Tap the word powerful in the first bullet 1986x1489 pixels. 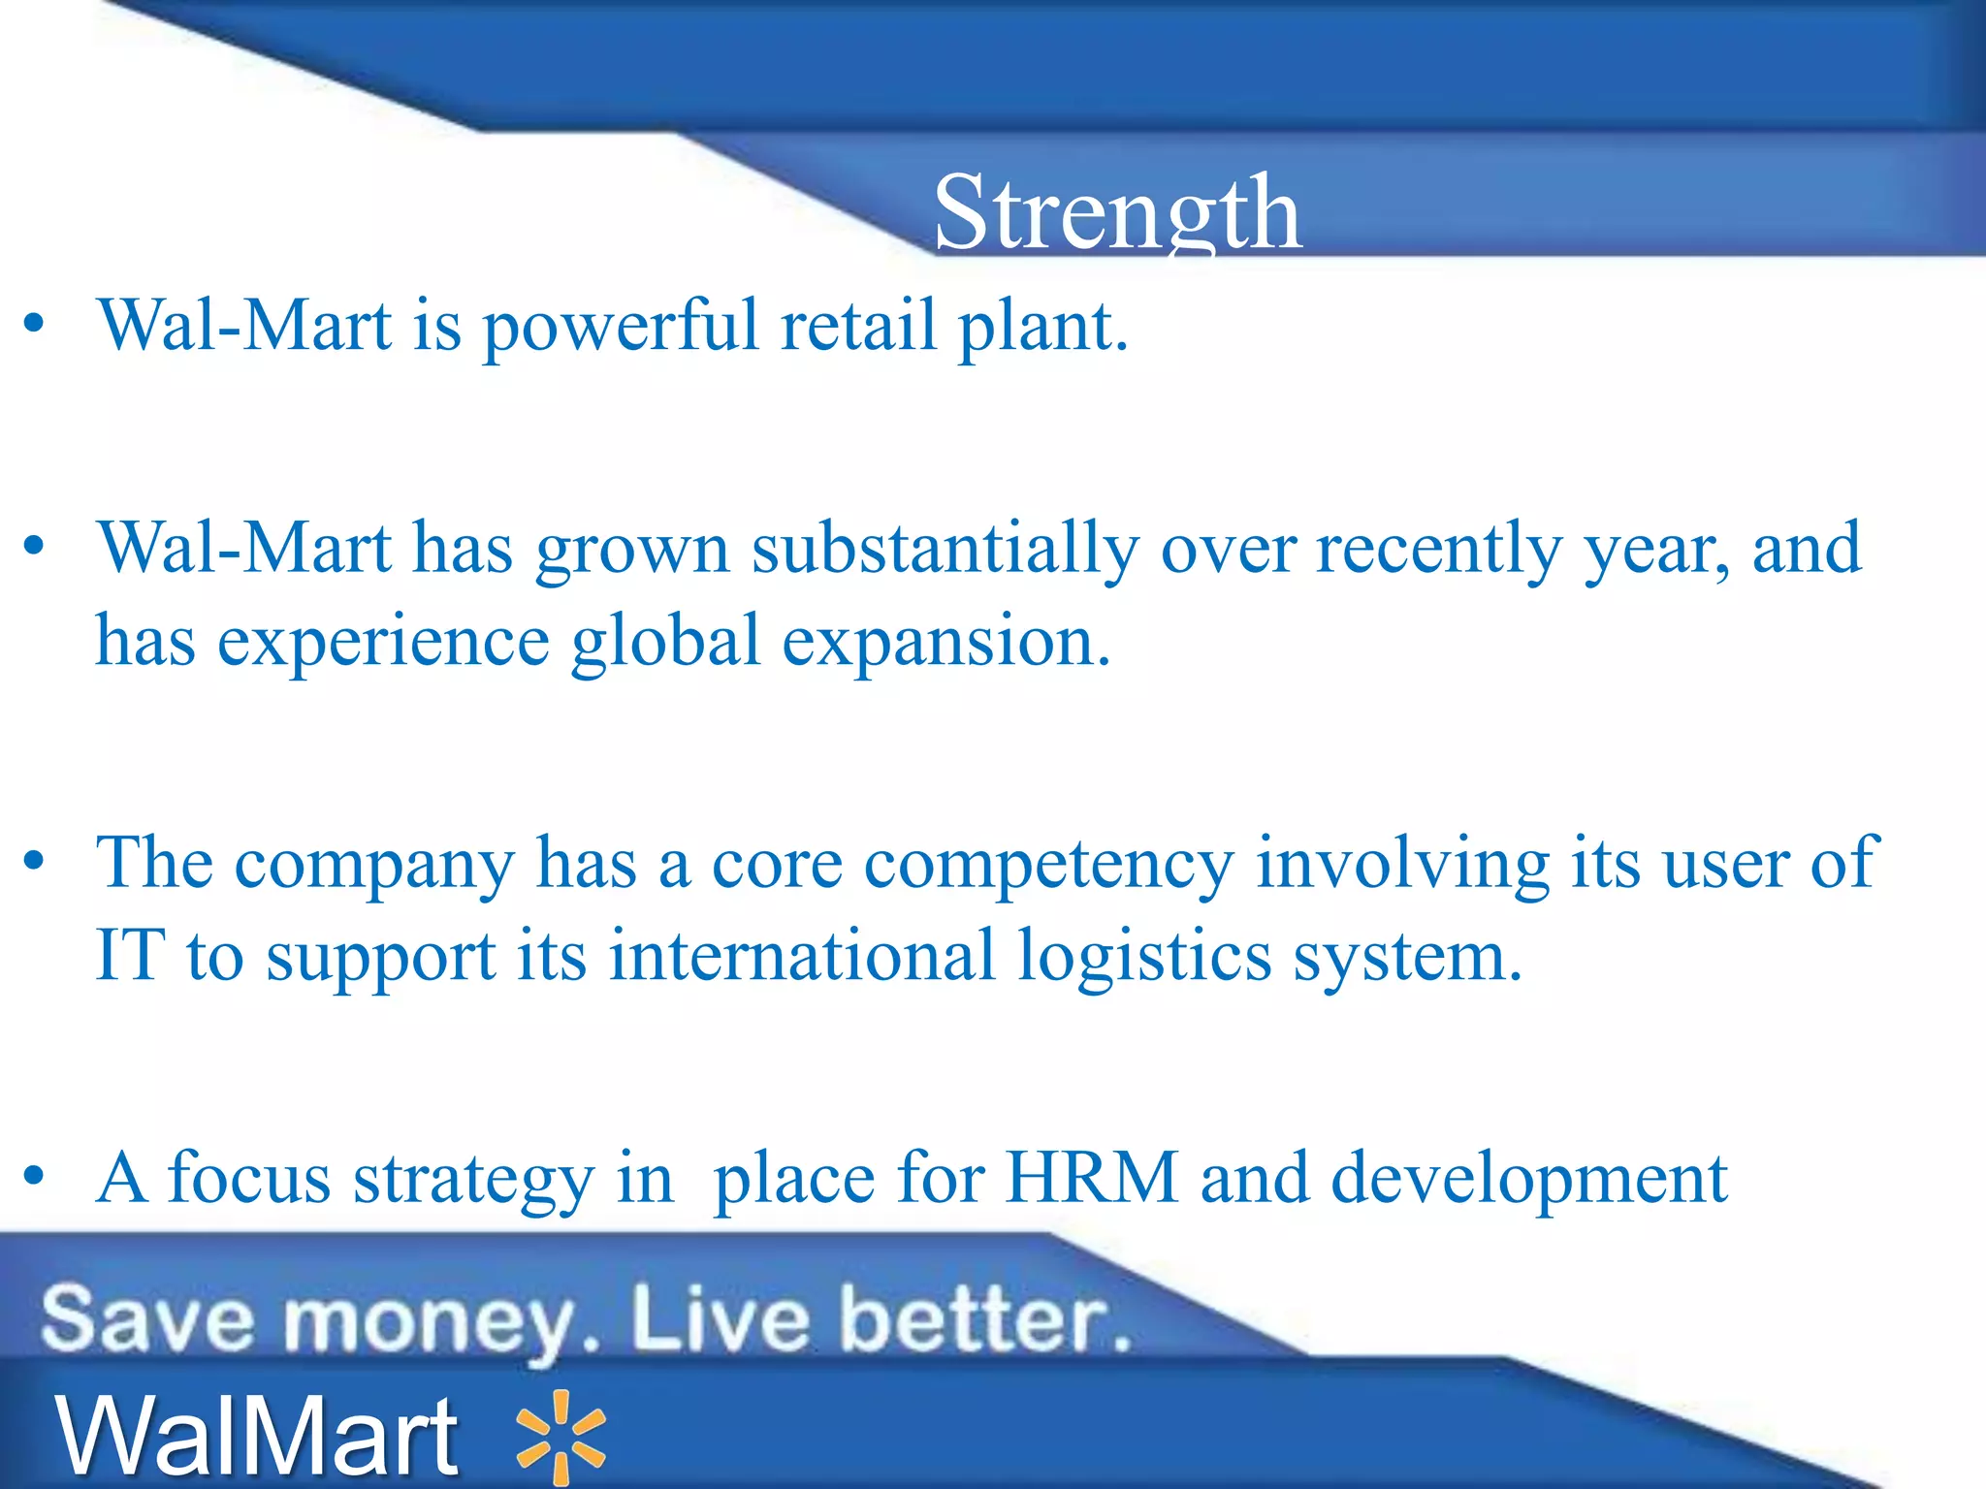621,327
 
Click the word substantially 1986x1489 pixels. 945,550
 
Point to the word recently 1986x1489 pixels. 1438,550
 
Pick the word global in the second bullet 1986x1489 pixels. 665,642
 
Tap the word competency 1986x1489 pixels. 1049,865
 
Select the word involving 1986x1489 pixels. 1402,863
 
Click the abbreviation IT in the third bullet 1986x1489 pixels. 130,956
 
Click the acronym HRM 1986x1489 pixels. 1092,1179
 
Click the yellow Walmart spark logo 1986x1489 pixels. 561,1438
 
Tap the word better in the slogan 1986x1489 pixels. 984,1319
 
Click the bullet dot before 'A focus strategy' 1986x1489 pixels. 35,1177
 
